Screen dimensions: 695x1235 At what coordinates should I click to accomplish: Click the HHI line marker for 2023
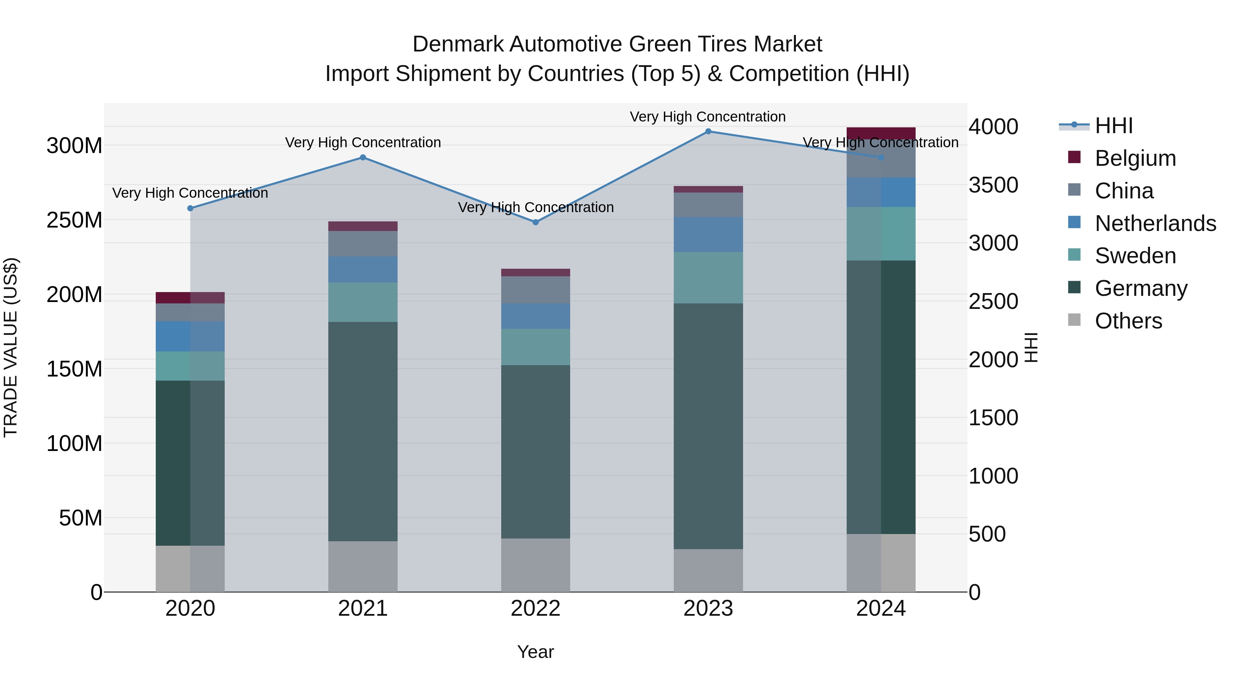pos(708,131)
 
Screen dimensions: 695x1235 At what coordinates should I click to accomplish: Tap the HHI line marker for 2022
pos(536,222)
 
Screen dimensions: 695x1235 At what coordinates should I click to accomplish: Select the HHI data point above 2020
pos(190,208)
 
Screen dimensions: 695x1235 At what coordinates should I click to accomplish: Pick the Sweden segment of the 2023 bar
pos(708,278)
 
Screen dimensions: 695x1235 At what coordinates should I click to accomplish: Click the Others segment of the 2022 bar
pos(536,565)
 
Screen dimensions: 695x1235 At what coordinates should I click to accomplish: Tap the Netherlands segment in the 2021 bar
pos(363,269)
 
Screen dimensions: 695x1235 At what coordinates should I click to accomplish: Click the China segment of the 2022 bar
pos(536,290)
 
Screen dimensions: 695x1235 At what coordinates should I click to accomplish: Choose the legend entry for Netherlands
pos(1155,223)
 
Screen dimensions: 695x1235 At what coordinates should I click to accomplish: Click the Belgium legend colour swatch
pos(1074,157)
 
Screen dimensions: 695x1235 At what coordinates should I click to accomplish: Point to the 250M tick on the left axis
pos(74,220)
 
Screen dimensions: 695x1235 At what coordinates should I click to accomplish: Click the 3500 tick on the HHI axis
pos(993,185)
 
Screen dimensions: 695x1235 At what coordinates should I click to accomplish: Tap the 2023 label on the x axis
pos(708,609)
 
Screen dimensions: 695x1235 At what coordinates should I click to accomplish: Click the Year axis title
pos(536,652)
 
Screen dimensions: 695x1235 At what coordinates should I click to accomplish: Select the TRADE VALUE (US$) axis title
pos(11,347)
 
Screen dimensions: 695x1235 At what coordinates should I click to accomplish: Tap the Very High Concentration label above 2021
pos(363,142)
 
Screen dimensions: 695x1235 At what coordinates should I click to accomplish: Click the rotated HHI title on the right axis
pos(1031,347)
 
